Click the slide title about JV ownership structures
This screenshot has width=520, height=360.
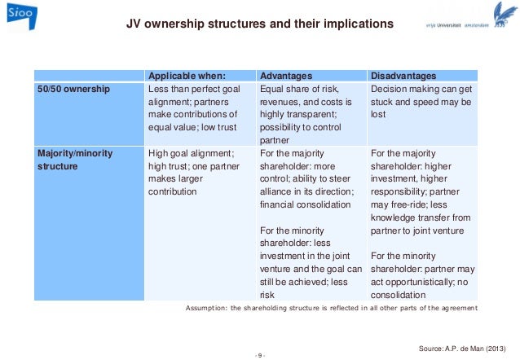point(259,24)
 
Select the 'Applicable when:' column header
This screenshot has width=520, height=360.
point(185,76)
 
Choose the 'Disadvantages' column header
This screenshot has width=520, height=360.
point(403,76)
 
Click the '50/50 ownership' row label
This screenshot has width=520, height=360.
point(73,89)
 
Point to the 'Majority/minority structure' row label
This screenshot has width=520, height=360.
point(75,159)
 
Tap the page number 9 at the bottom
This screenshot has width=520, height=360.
point(259,355)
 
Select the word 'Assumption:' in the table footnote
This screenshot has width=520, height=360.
point(209,308)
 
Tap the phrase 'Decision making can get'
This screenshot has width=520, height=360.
point(421,89)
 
